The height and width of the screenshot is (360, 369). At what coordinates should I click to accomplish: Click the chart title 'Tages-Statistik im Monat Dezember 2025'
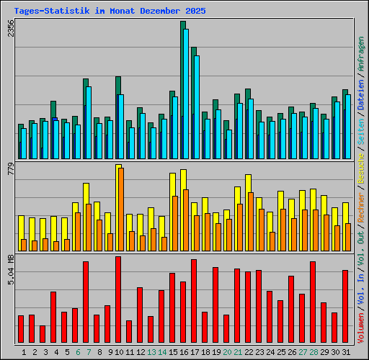110,12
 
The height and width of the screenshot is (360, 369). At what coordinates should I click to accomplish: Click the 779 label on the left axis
11,170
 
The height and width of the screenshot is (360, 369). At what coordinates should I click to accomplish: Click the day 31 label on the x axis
345,351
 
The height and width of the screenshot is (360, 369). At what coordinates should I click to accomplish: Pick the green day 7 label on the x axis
88,351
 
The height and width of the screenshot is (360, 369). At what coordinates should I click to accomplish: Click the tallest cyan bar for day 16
186,94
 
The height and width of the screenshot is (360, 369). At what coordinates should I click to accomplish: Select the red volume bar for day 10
118,300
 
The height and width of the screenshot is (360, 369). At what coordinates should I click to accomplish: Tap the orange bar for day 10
121,209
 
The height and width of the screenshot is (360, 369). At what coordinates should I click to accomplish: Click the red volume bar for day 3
43,334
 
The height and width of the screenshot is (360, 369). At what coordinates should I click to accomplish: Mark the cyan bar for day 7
89,122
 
